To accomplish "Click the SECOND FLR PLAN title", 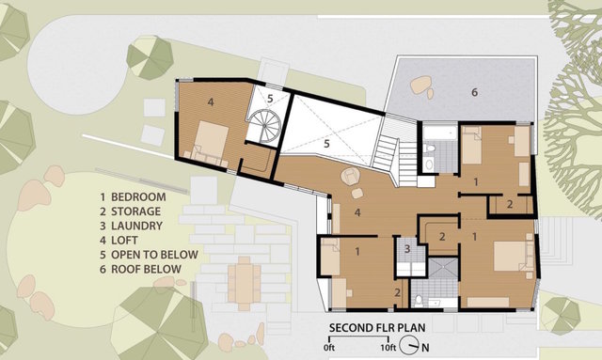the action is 377,328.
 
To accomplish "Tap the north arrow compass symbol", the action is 409,345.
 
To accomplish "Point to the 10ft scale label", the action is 388,348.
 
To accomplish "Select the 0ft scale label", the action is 329,348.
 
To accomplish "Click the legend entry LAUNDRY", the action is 132,226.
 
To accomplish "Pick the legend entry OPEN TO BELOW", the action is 149,255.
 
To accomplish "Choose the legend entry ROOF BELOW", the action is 140,269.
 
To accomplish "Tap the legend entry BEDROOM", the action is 133,196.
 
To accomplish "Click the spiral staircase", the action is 264,125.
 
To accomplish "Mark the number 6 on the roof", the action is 474,92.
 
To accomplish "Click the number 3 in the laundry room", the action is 407,249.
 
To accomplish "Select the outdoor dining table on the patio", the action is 244,283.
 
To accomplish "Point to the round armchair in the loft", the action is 350,177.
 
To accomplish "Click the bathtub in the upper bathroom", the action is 440,133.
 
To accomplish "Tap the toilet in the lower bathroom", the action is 419,300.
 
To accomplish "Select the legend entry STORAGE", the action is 130,211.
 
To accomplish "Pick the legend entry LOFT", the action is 119,241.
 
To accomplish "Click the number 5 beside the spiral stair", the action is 270,99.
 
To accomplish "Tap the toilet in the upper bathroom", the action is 431,148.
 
